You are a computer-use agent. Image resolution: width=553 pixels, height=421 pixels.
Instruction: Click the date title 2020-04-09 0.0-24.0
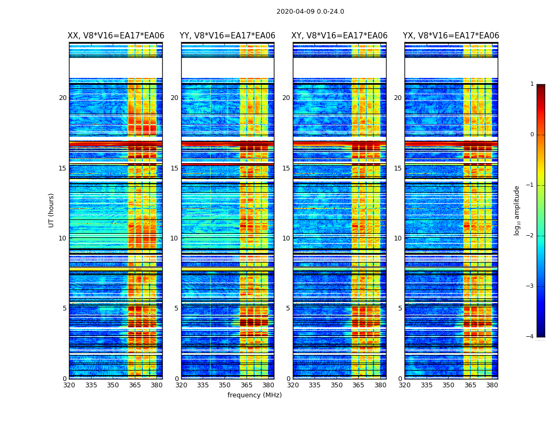coord(310,12)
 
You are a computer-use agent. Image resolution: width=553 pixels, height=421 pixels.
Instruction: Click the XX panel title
coord(116,36)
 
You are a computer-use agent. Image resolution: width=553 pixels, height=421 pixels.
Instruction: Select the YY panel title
coord(228,36)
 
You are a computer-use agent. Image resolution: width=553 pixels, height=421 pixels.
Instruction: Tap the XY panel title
coord(340,36)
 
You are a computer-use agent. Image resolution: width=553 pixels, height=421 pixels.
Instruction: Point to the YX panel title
coord(451,36)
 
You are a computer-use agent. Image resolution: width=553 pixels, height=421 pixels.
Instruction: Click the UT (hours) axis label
coord(52,210)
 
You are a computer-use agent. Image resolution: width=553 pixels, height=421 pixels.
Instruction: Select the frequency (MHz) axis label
coord(254,395)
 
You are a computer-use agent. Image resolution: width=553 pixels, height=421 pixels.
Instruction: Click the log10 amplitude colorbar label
coord(517,210)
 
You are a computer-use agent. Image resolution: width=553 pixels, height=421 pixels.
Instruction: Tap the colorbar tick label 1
coord(532,84)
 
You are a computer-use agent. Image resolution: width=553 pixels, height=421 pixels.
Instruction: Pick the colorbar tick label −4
coord(531,337)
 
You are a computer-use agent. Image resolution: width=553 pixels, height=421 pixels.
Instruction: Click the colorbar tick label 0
coord(532,135)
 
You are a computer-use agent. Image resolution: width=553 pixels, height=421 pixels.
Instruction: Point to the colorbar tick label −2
coord(531,236)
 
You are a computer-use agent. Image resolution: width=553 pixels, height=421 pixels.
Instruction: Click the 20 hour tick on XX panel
coord(63,98)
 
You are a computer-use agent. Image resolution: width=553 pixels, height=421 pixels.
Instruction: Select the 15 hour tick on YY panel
coord(174,168)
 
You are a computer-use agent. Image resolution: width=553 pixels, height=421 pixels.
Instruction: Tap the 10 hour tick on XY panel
coord(286,238)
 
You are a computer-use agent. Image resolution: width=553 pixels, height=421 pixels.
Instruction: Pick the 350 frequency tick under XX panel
coord(113,385)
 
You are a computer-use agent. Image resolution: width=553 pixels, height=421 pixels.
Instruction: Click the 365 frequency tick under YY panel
coord(246,385)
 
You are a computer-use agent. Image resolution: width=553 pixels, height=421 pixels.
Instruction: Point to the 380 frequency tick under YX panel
coord(492,385)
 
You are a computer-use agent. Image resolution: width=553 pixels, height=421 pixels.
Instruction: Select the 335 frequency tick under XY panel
coord(314,385)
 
